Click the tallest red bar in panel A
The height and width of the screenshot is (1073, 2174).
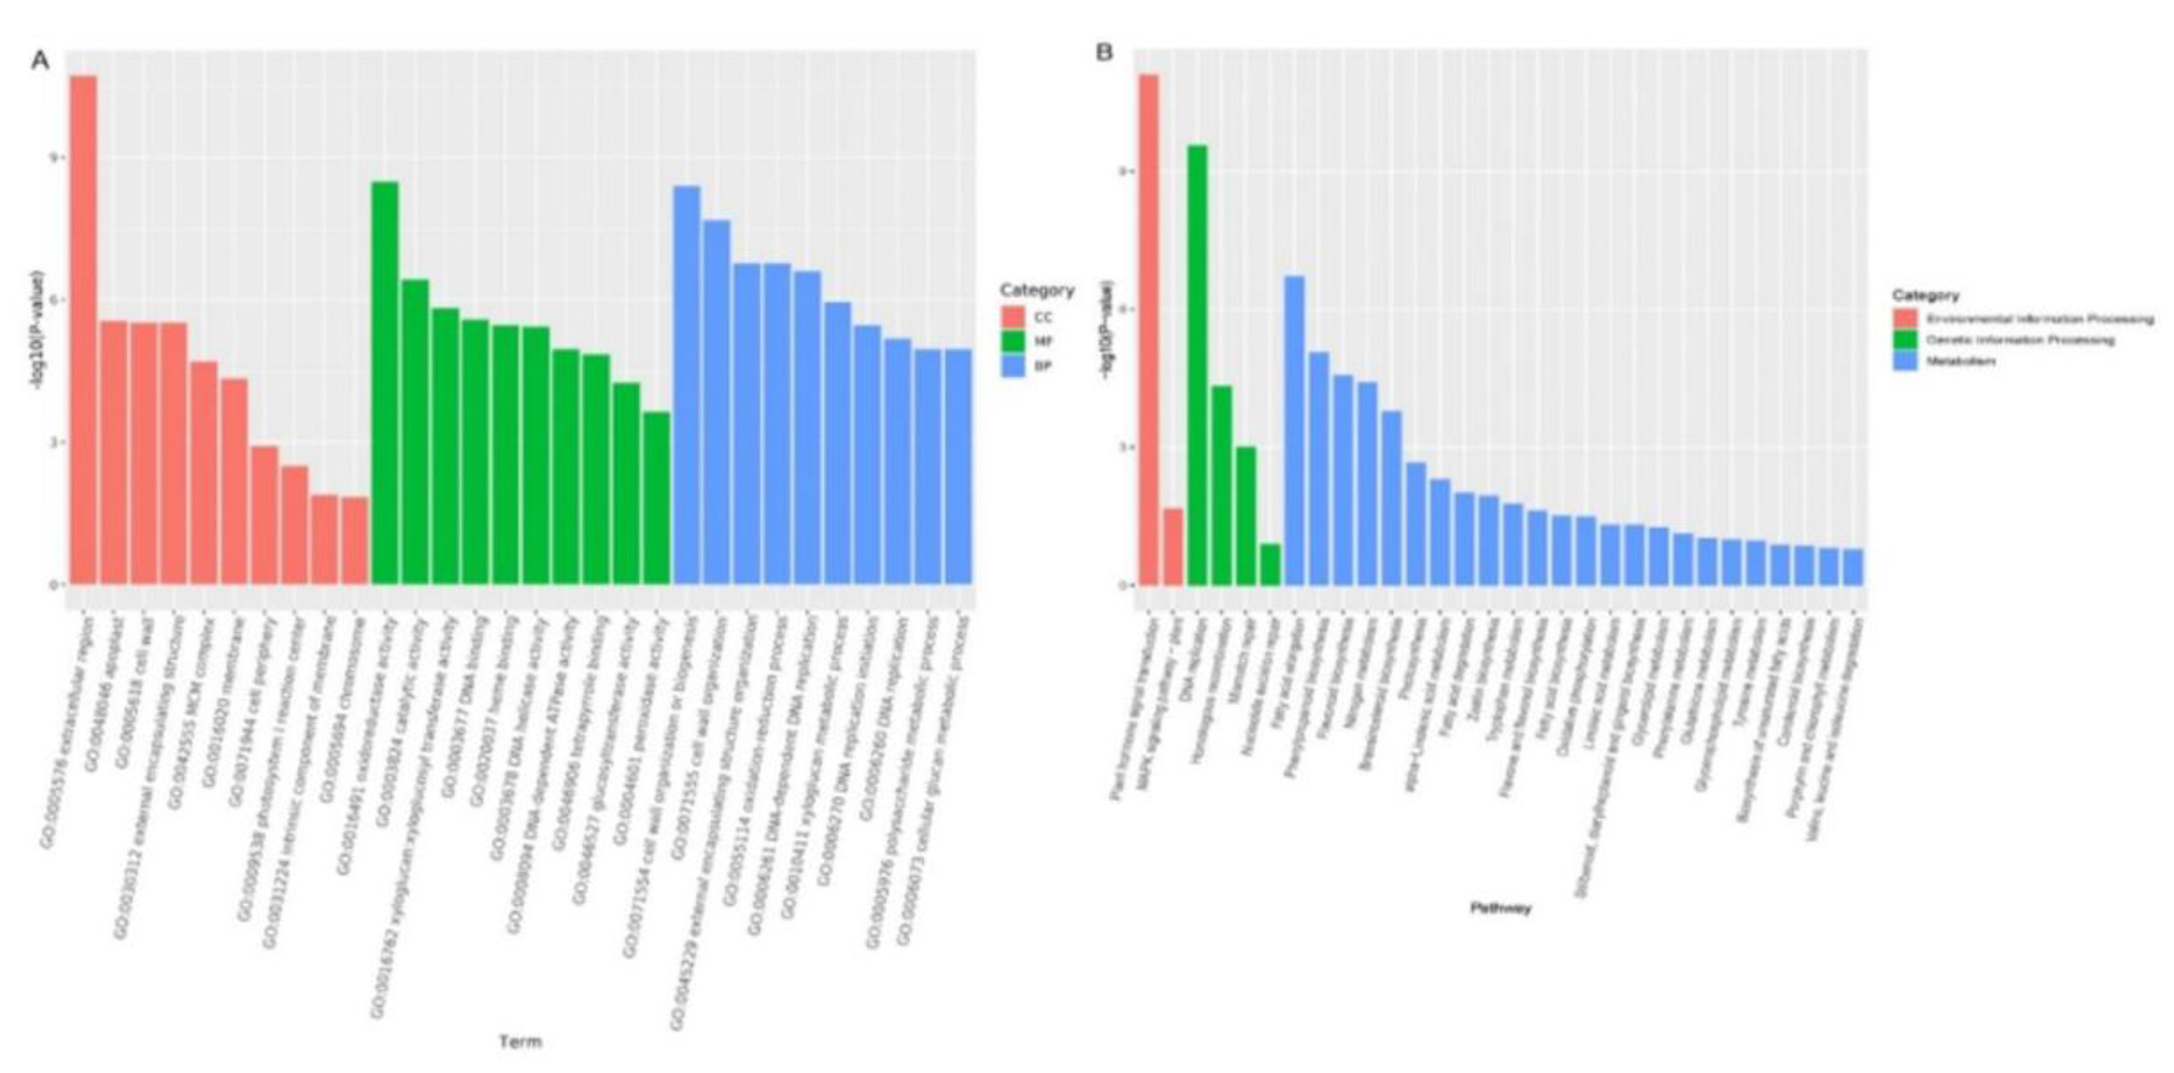coord(83,329)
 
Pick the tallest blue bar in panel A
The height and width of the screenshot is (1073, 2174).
coord(686,384)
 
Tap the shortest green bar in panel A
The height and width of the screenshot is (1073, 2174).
coord(656,497)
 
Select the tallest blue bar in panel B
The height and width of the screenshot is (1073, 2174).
coord(1294,430)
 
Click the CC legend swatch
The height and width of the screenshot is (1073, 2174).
coord(1013,318)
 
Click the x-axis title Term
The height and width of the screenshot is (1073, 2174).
coord(520,1042)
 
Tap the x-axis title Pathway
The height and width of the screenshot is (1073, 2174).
coord(1500,909)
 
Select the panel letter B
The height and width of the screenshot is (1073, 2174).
coord(1104,52)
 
